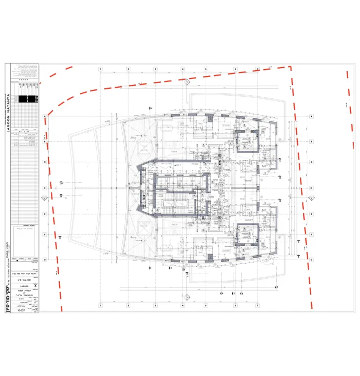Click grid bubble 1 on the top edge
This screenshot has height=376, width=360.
(100, 69)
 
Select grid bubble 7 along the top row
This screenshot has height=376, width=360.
(257, 69)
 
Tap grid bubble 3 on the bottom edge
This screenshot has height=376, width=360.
(155, 305)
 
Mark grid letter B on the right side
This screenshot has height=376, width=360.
(312, 141)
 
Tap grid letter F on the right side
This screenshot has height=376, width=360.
(312, 235)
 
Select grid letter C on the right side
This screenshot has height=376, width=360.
(312, 162)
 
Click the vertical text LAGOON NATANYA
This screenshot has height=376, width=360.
(8, 106)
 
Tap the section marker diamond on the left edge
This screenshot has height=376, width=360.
(43, 198)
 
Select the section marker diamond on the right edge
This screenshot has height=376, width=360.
(312, 198)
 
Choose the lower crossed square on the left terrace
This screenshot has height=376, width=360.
(145, 228)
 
